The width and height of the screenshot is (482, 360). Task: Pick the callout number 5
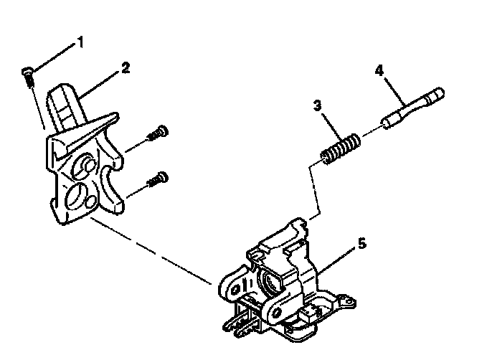[x=361, y=244]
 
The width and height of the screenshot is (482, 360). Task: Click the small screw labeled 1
[x=28, y=73]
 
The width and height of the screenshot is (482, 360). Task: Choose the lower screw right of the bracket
[x=158, y=177]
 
